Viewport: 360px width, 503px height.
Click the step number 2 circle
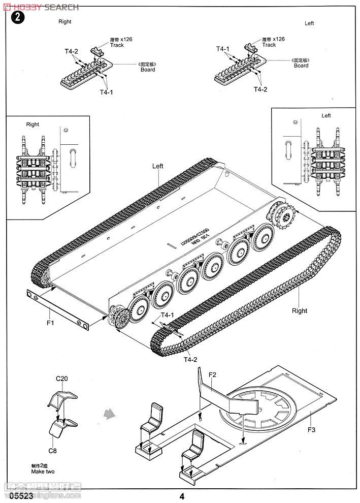pos(18,18)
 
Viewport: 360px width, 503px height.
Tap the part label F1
pos(50,323)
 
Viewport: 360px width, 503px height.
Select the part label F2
pos(212,375)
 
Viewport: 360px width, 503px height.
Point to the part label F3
pos(311,430)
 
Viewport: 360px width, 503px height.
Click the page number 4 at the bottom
pos(181,496)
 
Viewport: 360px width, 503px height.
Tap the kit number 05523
pos(22,496)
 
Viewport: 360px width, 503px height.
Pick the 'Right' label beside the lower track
pos(300,311)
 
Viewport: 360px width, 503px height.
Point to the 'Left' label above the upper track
pos(158,166)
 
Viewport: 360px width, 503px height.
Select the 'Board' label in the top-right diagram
pos(301,66)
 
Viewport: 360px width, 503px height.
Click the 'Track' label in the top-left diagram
pos(117,45)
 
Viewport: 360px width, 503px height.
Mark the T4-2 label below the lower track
pos(190,359)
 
